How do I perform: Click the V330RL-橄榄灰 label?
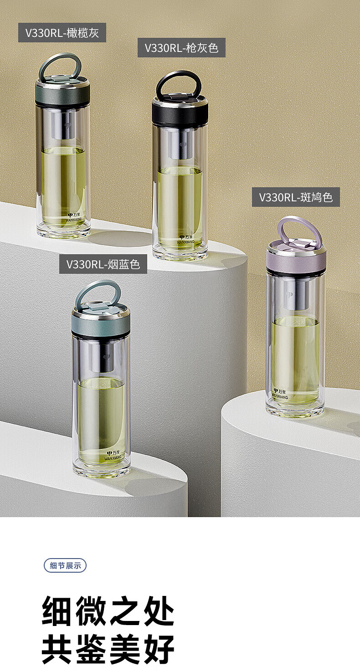[x=62, y=32]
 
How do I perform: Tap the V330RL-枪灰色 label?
[x=181, y=48]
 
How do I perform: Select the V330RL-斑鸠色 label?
[x=296, y=197]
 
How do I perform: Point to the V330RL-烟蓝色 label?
[x=103, y=264]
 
